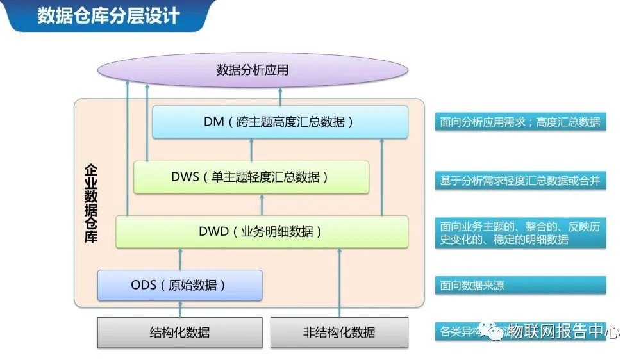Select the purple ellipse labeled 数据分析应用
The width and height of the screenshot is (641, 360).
coord(253,70)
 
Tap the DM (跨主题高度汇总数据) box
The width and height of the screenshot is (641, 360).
coord(280,122)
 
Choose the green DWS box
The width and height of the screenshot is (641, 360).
coord(251,177)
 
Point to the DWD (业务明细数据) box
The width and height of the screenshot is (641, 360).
coord(262,232)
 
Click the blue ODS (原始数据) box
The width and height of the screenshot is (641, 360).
coord(179,285)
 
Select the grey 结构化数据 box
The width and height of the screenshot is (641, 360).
coord(179,332)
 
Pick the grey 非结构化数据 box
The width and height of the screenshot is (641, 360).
coord(339,332)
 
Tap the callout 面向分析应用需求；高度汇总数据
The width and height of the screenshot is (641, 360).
coord(520,122)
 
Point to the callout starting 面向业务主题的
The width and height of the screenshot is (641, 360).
coord(520,233)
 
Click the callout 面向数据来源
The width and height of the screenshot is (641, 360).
coord(520,286)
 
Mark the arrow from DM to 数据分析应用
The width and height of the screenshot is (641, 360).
coord(280,97)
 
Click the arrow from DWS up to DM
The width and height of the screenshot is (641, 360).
coord(251,149)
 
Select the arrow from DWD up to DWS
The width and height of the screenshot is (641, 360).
coord(262,204)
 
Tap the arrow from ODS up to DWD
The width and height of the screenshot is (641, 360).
coord(179,259)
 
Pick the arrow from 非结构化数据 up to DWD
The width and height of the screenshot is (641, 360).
coord(340,282)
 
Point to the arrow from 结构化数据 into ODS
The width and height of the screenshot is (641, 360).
coord(179,309)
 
